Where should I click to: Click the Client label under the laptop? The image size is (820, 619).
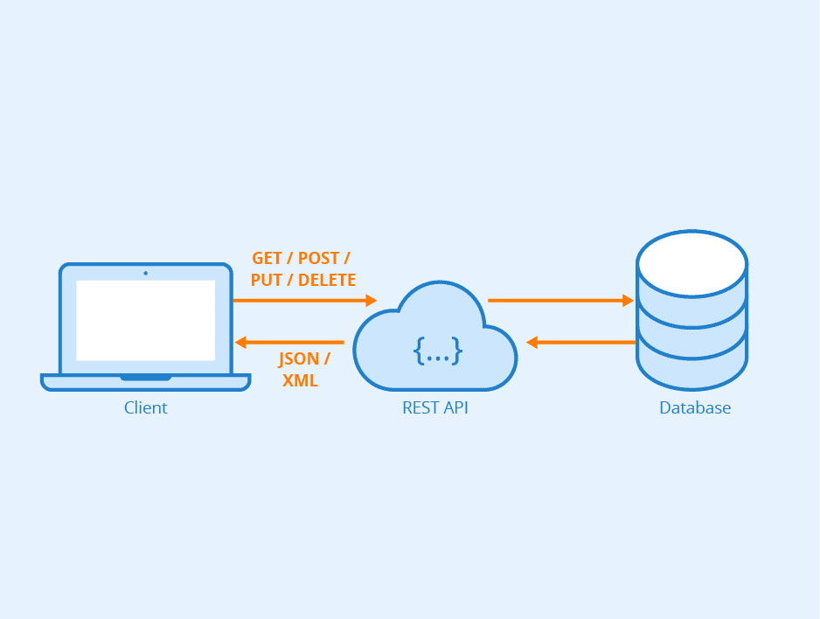tap(145, 408)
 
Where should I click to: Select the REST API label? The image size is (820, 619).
tap(434, 408)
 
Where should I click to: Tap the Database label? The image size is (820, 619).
tap(694, 408)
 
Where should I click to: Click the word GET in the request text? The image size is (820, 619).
tap(268, 259)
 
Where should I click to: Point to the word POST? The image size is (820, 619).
tap(318, 259)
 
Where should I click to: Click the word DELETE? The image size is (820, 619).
tap(327, 281)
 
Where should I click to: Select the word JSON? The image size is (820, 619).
tap(299, 359)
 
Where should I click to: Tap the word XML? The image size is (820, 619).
tap(300, 381)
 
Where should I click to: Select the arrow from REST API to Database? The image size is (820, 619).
tap(559, 300)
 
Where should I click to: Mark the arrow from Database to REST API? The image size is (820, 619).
tap(580, 342)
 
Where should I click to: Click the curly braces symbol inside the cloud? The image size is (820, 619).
tap(437, 351)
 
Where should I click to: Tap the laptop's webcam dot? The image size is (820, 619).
tap(145, 273)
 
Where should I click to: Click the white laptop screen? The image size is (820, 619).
tap(145, 320)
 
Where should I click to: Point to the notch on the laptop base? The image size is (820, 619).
tap(145, 378)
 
